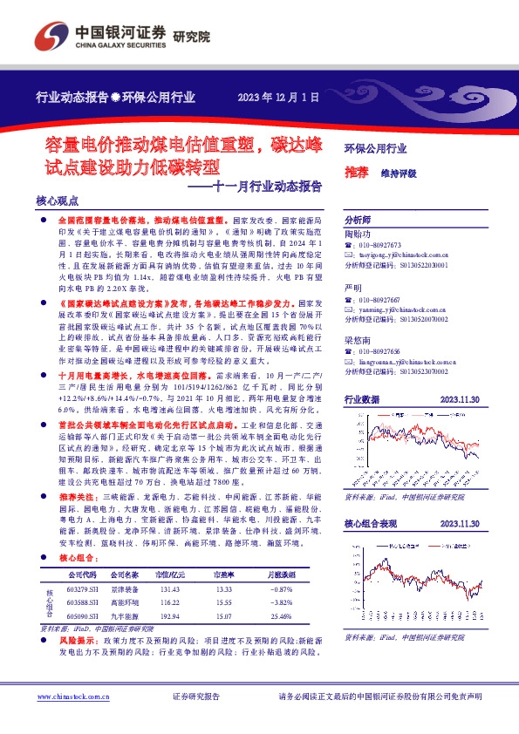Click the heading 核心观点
point(56,200)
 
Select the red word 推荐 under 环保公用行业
point(356,173)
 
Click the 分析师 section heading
point(358,221)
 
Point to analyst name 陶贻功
point(358,234)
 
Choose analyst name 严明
point(353,288)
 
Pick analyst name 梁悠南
point(358,341)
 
